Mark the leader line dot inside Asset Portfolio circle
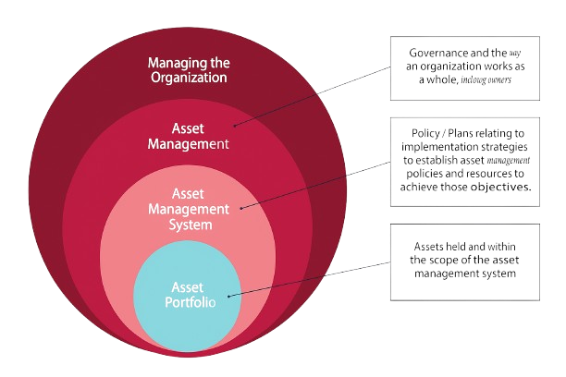click(228, 295)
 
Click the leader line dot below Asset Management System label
click(241, 208)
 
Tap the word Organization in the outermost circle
click(187, 79)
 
